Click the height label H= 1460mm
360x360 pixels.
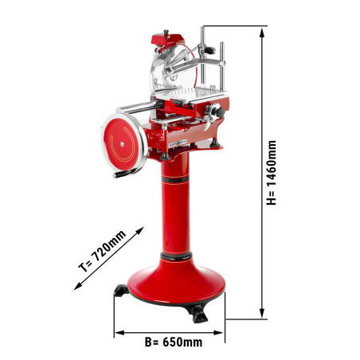272,173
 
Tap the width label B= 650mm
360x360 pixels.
174,342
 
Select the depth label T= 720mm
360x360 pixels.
102,251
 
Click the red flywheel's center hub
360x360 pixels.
122,144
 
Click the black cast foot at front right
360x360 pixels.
198,314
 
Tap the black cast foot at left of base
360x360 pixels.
121,290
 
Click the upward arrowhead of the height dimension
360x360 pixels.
262,33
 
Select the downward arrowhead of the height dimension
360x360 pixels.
262,313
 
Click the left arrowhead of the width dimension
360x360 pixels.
119,333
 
